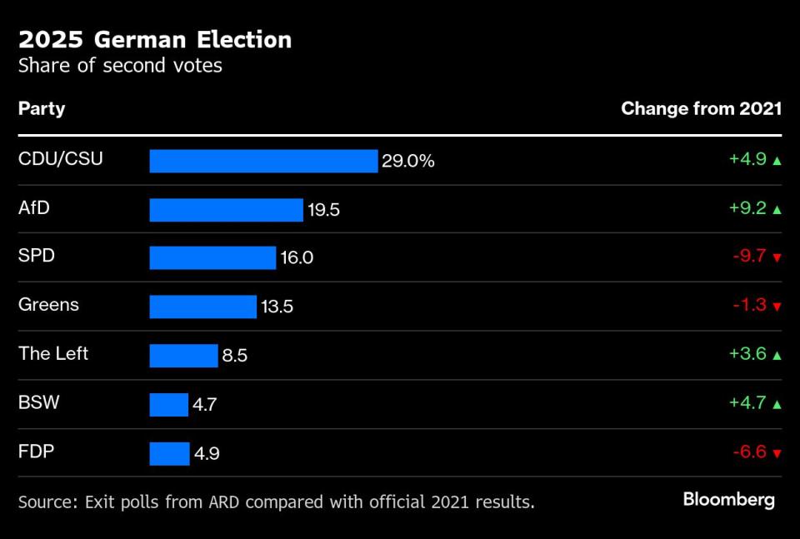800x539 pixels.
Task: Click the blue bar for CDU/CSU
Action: tap(263, 161)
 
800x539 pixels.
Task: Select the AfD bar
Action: tap(226, 210)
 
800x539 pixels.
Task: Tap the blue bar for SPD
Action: tap(212, 258)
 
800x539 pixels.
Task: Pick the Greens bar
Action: tap(202, 307)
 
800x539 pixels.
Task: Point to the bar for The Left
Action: tap(183, 356)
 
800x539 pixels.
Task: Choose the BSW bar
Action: tap(168, 405)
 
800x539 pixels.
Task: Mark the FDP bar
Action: tap(169, 454)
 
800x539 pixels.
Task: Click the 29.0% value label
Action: tap(408, 161)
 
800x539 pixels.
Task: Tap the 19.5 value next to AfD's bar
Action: tap(323, 210)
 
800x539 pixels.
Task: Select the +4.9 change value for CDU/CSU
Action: tap(747, 159)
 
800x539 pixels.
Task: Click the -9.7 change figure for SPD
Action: tap(749, 257)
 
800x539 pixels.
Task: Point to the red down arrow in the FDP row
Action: tap(777, 453)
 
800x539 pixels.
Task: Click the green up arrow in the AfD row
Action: tap(777, 209)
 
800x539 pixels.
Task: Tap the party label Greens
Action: tap(48, 305)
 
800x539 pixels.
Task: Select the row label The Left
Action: tap(53, 353)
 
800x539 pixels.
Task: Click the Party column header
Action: tap(42, 109)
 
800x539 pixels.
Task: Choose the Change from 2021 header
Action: tap(701, 109)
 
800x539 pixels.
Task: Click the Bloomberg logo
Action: tap(728, 500)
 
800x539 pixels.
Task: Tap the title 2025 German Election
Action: tap(155, 39)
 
